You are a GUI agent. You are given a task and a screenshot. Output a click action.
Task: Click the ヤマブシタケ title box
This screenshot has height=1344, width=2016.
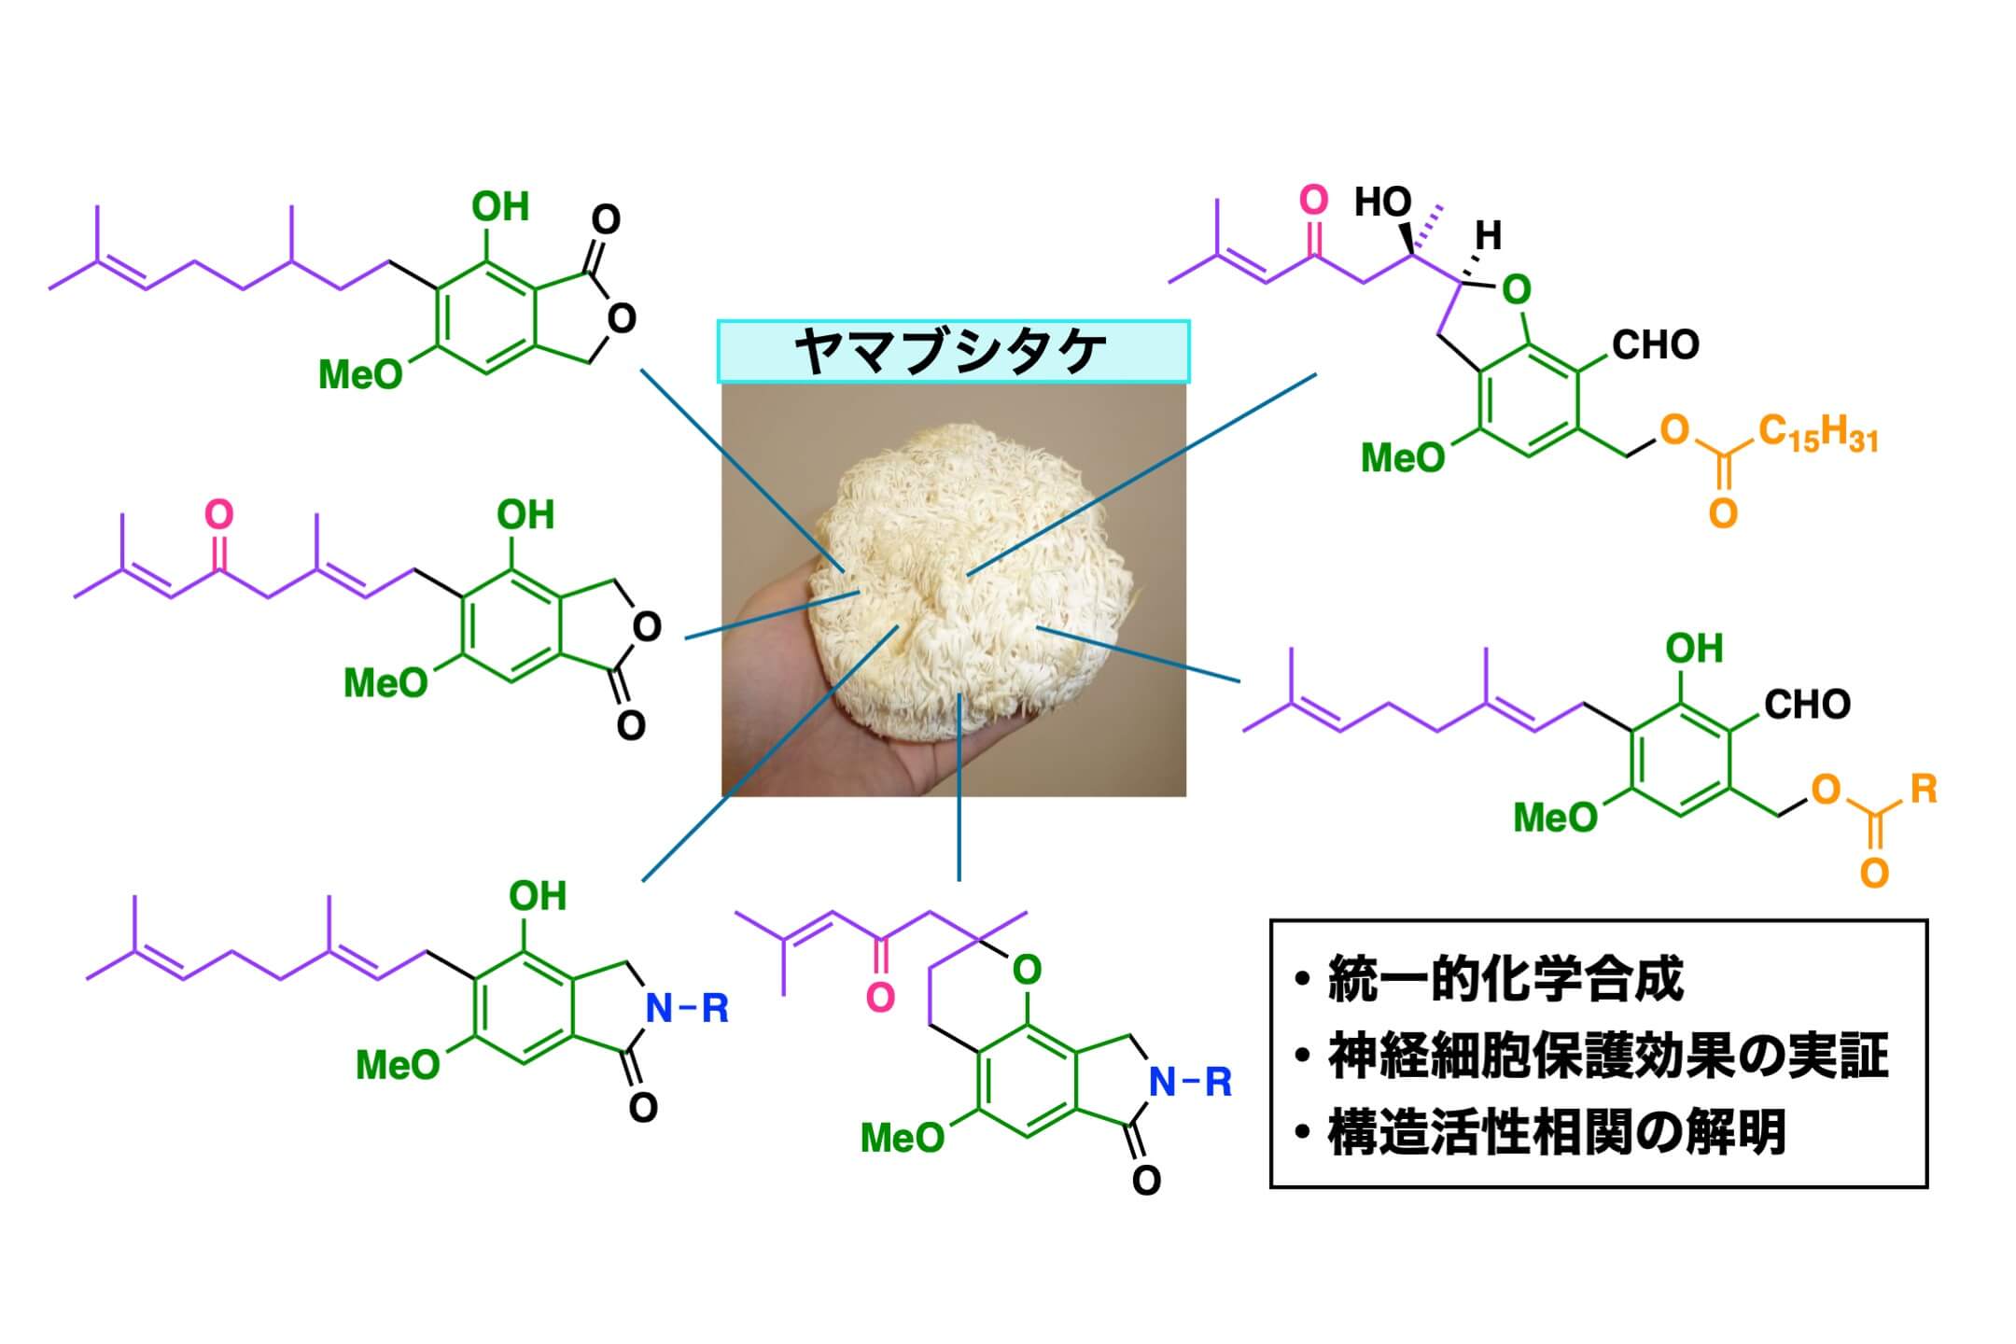953,352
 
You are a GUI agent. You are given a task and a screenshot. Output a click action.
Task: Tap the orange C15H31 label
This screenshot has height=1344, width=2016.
1817,435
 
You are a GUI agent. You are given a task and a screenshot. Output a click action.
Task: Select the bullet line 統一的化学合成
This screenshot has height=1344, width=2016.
1505,980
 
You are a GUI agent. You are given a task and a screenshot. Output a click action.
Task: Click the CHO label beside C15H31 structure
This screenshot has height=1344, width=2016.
1655,345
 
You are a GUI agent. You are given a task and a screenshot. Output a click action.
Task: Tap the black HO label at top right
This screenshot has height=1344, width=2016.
1382,202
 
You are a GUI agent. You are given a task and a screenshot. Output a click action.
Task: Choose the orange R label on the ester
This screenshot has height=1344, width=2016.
1924,790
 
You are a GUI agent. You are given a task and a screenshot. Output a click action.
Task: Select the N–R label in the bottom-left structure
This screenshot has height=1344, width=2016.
687,1008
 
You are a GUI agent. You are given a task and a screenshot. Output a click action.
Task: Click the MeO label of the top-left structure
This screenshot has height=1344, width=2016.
360,375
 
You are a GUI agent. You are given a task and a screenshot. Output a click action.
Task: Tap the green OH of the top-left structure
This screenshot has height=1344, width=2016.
500,206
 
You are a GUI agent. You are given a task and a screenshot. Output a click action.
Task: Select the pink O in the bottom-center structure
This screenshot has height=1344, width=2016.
879,998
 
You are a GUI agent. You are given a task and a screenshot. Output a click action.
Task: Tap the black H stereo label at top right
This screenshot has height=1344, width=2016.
1488,236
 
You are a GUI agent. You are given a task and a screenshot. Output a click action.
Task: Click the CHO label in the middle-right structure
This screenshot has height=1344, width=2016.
1806,705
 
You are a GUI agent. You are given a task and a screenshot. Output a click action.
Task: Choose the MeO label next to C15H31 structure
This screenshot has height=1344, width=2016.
1403,458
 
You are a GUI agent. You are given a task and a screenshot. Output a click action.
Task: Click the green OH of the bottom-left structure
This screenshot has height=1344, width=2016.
537,896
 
